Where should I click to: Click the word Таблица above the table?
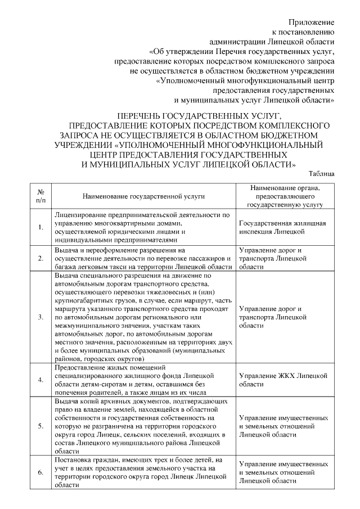(322, 174)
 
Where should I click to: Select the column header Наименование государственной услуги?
(143, 197)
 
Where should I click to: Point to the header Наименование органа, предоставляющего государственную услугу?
(283, 196)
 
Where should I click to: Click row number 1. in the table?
(40, 227)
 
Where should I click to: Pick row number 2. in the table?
(40, 258)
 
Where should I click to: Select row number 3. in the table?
(40, 317)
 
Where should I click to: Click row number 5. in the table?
(40, 426)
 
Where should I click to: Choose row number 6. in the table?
(40, 472)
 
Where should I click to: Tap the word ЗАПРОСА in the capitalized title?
(79, 136)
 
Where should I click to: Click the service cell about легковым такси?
(143, 258)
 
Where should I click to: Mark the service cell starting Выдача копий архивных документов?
(143, 426)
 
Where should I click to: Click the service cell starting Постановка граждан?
(143, 472)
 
